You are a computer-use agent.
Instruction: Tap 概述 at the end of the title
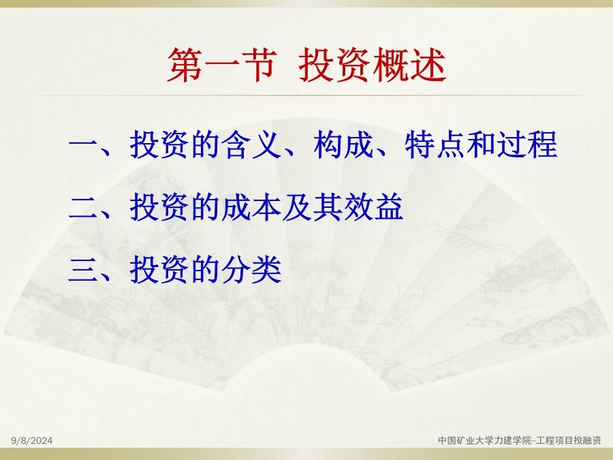(x=410, y=65)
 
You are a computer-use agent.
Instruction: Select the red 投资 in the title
(x=335, y=65)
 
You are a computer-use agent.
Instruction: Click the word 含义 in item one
(x=252, y=145)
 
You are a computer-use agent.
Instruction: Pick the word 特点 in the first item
(x=435, y=145)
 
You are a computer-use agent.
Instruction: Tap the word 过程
(x=527, y=145)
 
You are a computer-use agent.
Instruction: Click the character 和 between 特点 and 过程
(x=482, y=145)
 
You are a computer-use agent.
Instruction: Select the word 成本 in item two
(x=252, y=207)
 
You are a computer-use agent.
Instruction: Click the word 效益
(x=374, y=207)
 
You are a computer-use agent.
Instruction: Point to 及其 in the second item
(x=313, y=207)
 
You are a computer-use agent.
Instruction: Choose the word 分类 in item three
(x=252, y=269)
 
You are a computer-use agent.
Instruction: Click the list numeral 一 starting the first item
(x=82, y=145)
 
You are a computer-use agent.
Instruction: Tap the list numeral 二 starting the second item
(x=82, y=208)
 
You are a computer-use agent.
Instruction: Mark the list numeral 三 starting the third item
(x=82, y=269)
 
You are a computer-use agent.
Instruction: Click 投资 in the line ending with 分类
(x=160, y=269)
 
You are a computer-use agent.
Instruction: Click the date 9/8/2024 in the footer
(x=31, y=441)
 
